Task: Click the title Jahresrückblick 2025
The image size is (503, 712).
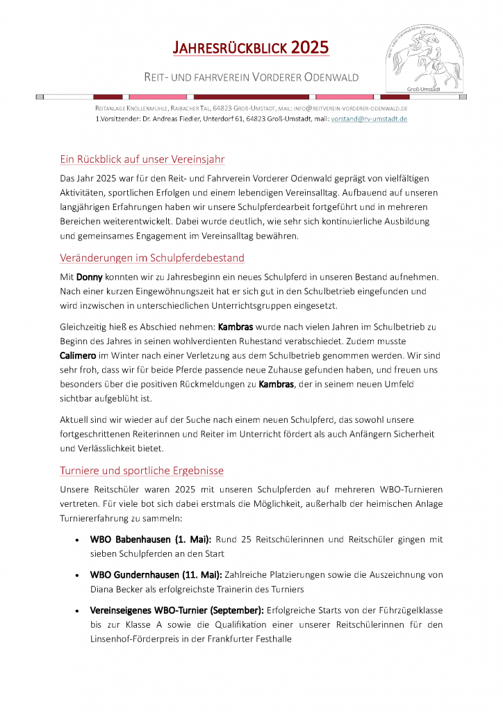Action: [251, 48]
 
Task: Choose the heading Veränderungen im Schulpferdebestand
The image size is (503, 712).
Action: [152, 258]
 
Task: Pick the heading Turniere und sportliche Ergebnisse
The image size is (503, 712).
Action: [142, 471]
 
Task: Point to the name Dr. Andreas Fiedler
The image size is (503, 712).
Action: [169, 119]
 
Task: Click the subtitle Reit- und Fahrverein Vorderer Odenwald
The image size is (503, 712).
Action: [251, 77]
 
